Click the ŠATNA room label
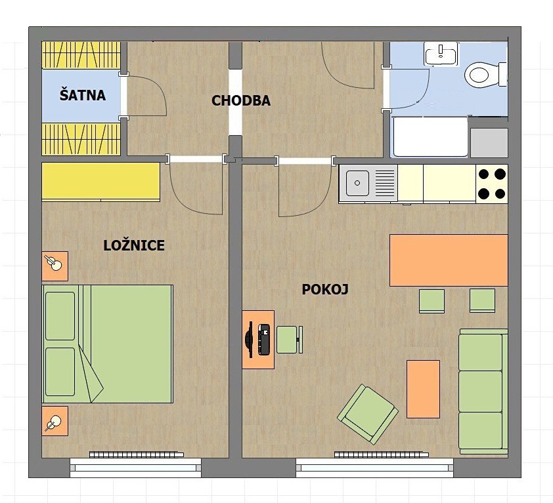(83, 95)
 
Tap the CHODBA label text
(241, 101)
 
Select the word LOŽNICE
(134, 245)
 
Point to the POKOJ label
(325, 289)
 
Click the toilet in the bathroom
(485, 74)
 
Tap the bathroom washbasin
(441, 54)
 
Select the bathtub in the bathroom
(430, 136)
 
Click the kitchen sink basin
(357, 183)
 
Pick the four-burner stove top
(492, 184)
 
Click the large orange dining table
(449, 260)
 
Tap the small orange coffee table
(423, 389)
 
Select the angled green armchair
(368, 414)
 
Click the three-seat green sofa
(483, 392)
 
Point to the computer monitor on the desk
(250, 340)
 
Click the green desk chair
(289, 340)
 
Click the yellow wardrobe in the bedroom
(101, 182)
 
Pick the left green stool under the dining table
(431, 301)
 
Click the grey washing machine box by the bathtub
(489, 143)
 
